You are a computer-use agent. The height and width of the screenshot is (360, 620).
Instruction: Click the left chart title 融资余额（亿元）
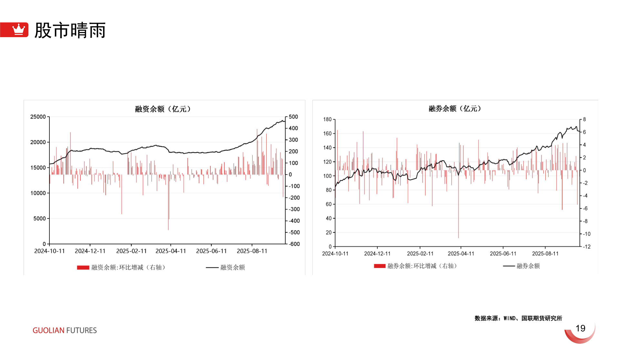163,109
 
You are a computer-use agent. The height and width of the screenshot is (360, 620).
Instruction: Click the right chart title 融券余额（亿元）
455,109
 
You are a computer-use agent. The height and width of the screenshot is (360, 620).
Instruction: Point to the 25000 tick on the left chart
38,117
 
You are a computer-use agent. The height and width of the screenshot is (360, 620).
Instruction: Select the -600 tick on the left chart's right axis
294,244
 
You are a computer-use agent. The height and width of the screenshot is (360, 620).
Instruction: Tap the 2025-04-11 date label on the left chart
171,251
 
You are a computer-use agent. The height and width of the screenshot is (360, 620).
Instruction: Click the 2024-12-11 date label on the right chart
377,254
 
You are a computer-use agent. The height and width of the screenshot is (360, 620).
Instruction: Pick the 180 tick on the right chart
327,119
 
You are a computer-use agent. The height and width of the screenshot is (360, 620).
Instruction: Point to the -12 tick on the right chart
586,247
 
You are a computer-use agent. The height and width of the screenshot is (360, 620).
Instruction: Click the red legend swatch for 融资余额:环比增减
83,267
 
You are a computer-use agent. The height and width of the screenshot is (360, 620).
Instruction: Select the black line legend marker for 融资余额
212,267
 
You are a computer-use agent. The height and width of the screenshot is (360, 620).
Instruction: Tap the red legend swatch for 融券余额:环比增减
380,266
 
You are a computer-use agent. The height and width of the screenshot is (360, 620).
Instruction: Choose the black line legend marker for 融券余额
509,266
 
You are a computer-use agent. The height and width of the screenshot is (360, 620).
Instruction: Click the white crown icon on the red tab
18,29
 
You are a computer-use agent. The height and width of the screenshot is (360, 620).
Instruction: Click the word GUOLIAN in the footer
48,330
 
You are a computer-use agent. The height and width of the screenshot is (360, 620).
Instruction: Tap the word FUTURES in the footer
81,330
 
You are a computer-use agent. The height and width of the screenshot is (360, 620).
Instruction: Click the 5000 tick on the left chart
40,218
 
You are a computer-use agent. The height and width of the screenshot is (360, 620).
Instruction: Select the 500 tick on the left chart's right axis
293,117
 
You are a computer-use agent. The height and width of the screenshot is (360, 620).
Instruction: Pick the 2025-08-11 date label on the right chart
545,254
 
